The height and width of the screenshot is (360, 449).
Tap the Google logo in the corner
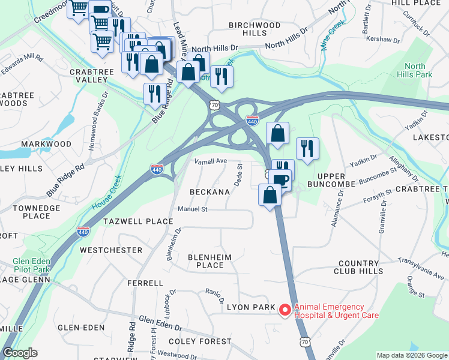click(x=20, y=353)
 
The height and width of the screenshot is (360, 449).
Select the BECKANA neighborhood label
click(x=209, y=192)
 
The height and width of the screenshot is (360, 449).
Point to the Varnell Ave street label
click(x=210, y=161)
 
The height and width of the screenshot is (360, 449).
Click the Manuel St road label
click(x=192, y=209)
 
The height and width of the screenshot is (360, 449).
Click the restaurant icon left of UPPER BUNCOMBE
click(x=307, y=148)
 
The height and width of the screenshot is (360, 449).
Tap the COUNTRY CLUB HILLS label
click(x=369, y=267)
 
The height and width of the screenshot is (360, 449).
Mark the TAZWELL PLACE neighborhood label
click(x=138, y=221)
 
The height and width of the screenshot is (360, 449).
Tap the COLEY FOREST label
click(x=200, y=341)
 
